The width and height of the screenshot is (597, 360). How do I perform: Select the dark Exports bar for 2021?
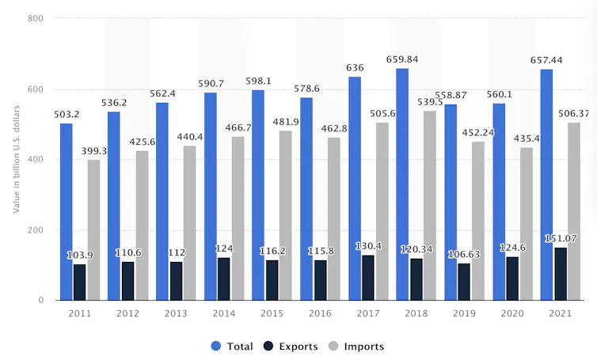(x=561, y=274)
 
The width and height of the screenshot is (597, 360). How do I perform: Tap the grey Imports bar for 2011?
(x=93, y=230)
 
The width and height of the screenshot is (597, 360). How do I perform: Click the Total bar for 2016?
(x=306, y=199)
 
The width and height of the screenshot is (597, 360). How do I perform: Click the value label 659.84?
(x=402, y=59)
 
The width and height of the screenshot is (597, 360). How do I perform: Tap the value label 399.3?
(x=93, y=150)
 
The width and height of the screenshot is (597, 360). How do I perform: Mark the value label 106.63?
(x=465, y=254)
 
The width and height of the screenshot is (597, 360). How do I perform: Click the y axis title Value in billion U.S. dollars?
(x=16, y=159)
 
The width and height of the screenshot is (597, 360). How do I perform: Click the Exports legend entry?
(x=291, y=347)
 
